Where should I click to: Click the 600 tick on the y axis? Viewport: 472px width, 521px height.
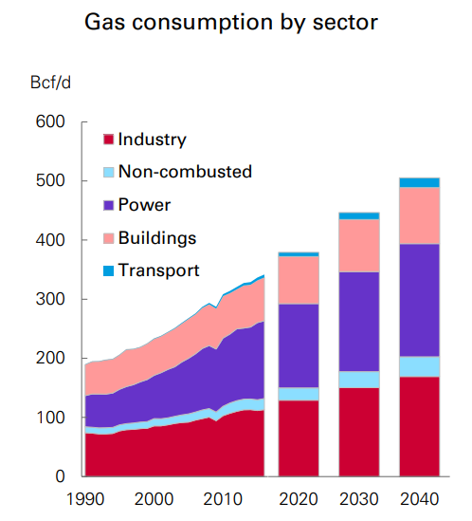click(x=51, y=122)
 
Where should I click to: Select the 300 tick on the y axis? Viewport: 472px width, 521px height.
click(x=51, y=300)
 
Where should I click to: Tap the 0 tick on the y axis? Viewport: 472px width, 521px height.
click(x=59, y=476)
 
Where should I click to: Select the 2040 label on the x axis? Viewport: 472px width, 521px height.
click(x=418, y=499)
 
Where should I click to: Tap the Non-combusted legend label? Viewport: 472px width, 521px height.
click(x=184, y=172)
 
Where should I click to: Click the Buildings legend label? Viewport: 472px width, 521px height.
click(x=156, y=237)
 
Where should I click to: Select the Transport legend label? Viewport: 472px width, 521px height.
click(x=158, y=270)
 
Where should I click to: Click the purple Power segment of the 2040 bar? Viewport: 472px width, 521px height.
click(x=419, y=300)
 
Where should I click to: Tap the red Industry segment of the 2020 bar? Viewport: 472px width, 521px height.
click(x=298, y=438)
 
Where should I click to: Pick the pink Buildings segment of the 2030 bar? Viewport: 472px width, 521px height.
click(x=358, y=245)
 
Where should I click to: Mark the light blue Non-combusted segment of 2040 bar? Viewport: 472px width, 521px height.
click(x=419, y=366)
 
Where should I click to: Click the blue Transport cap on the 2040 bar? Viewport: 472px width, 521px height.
click(x=419, y=182)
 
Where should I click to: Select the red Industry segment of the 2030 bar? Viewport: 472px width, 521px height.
click(x=358, y=432)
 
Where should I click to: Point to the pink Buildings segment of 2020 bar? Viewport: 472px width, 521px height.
click(x=298, y=280)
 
